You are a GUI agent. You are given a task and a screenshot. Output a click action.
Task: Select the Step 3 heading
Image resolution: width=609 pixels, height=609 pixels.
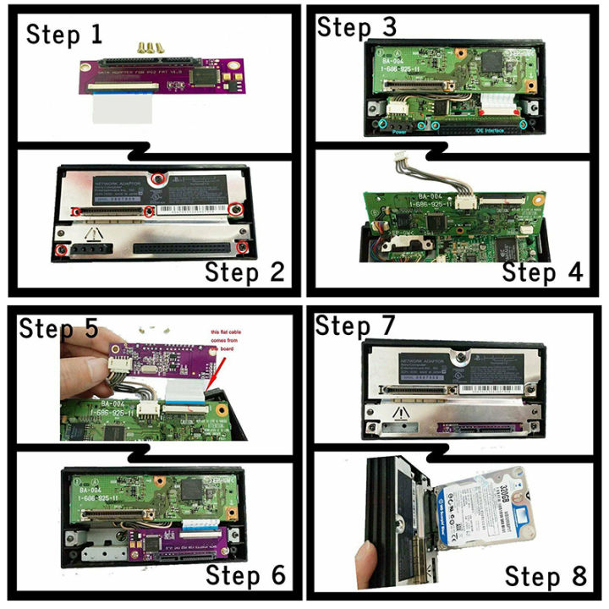click(356, 25)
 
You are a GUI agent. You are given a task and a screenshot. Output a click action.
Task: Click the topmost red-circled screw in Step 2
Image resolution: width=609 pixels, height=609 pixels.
click(156, 180)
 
